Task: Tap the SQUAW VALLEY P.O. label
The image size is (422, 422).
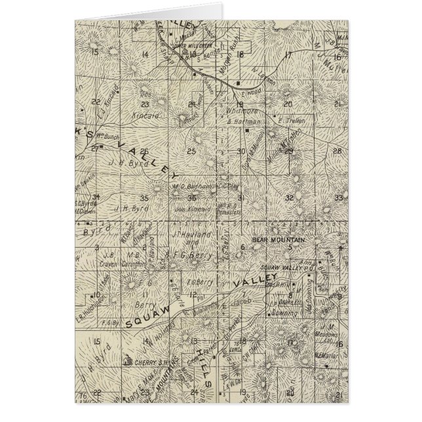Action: tap(282, 267)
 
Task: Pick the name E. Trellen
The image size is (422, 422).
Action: tap(282, 121)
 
